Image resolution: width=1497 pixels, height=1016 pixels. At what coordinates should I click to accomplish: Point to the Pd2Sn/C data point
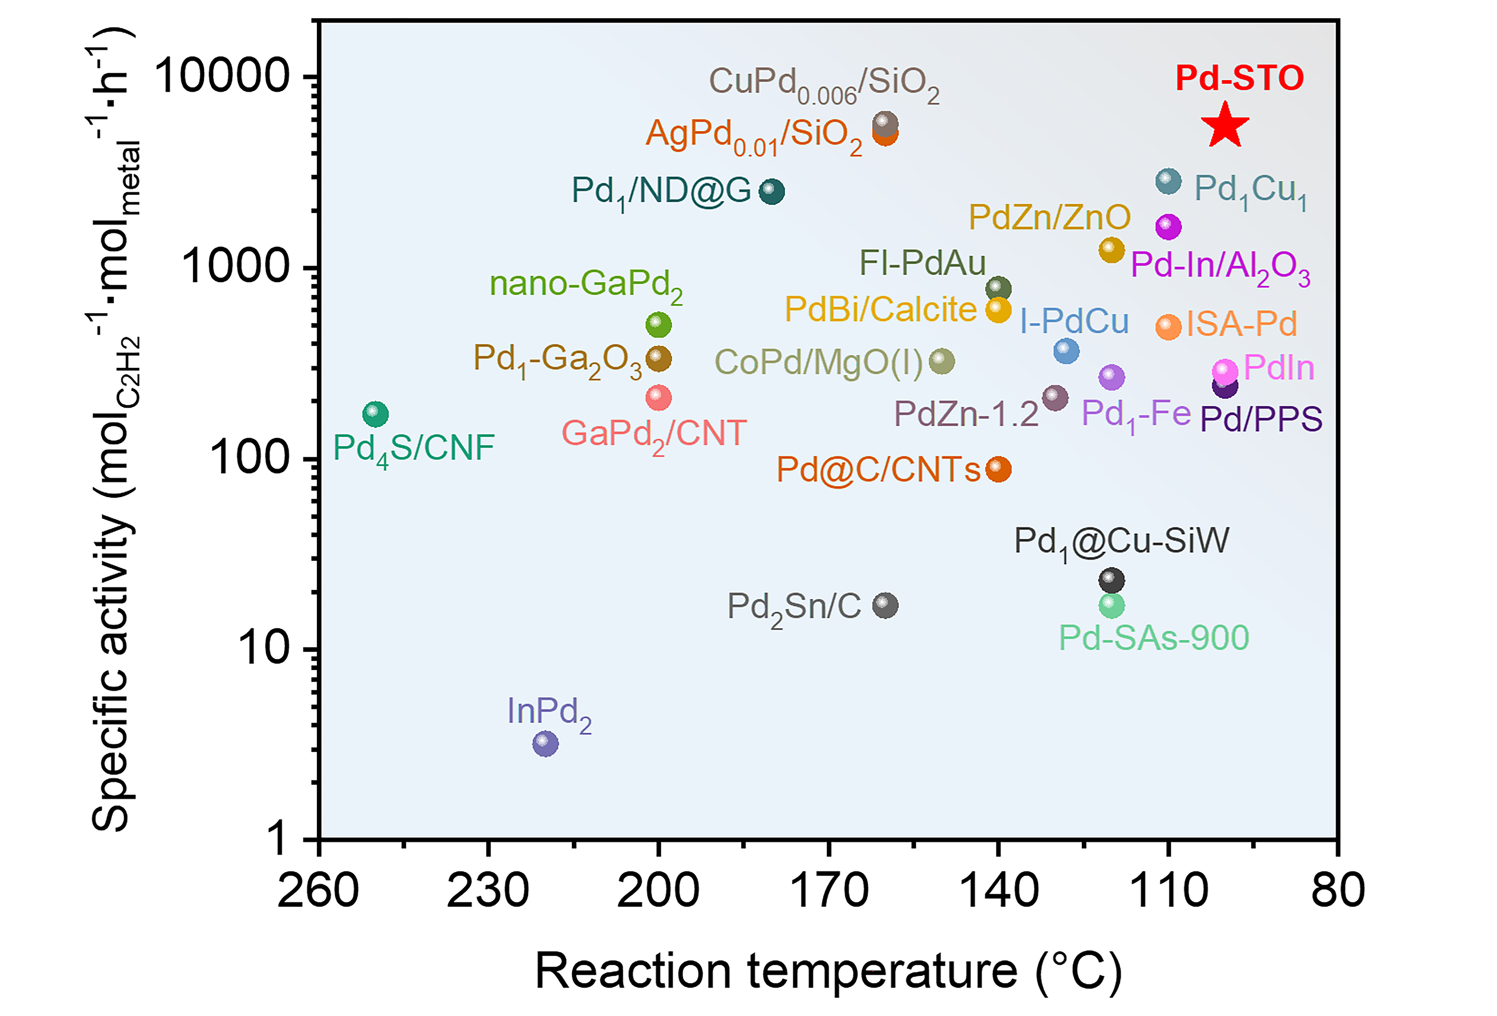(885, 605)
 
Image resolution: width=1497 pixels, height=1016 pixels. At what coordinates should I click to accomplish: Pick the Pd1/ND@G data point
(772, 191)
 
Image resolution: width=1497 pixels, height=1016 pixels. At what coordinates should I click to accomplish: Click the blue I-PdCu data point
(1066, 351)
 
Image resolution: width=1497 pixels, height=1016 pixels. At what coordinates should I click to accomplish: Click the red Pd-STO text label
(1239, 78)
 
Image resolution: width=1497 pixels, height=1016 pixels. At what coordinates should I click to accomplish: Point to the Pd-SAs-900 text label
(1154, 638)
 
